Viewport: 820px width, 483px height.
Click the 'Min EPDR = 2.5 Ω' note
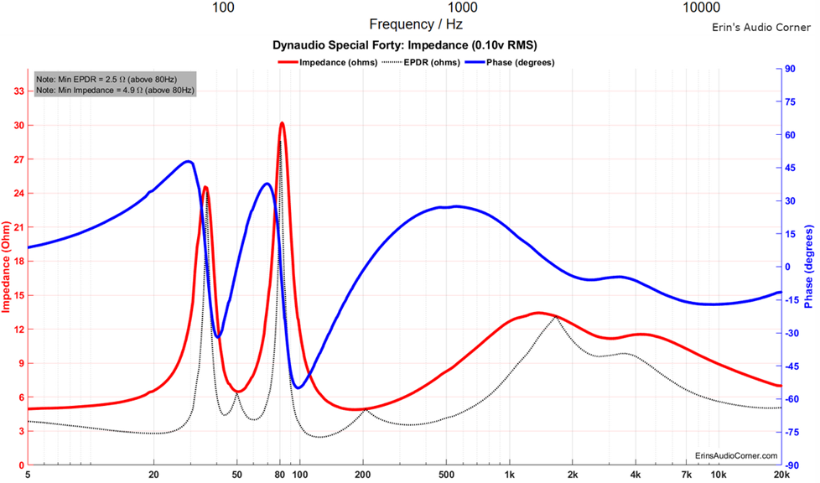tap(114, 78)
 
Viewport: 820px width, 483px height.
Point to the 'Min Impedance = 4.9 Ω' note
tap(114, 89)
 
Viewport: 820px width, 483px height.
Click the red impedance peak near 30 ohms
tap(282, 123)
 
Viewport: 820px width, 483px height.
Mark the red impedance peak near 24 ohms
tap(205, 189)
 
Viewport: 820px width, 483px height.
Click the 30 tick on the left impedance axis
tap(18, 125)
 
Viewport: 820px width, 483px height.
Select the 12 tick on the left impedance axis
tap(18, 329)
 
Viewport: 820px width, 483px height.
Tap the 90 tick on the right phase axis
tap(790, 70)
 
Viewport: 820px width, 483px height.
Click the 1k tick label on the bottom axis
tap(510, 475)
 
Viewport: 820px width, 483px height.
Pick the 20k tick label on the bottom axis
tap(781, 475)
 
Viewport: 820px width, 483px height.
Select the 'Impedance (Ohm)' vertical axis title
tap(6, 267)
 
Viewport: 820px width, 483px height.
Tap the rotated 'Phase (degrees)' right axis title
tap(810, 267)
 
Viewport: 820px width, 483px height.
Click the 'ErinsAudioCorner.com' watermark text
tap(736, 455)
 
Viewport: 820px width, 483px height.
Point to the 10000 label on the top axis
tap(702, 8)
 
